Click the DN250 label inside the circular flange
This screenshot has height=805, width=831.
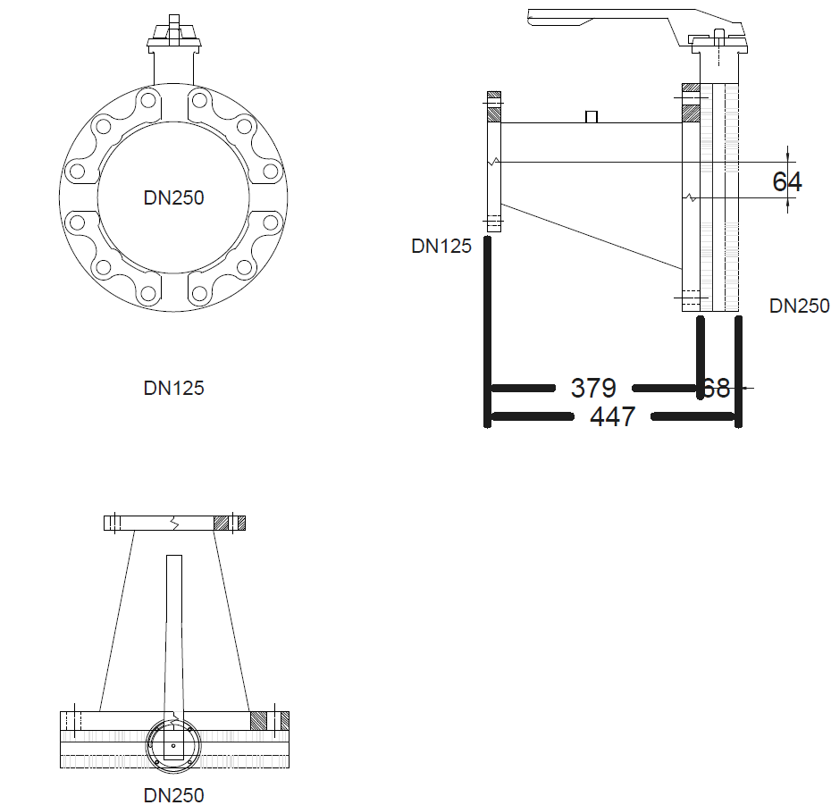click(x=174, y=197)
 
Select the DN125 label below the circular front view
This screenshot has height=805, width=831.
click(x=174, y=388)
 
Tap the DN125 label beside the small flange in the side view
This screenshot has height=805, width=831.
click(x=441, y=246)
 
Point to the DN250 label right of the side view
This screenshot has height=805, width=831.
click(x=799, y=306)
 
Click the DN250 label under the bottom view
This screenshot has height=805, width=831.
click(x=174, y=795)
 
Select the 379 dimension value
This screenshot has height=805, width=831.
click(x=593, y=388)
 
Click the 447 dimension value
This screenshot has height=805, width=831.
click(x=613, y=416)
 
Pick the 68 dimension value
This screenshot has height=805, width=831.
click(x=717, y=388)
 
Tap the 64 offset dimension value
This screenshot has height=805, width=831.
click(x=787, y=181)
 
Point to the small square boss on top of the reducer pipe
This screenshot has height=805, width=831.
click(x=592, y=116)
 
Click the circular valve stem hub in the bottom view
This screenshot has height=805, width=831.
click(x=173, y=745)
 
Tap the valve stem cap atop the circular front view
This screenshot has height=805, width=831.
click(x=174, y=34)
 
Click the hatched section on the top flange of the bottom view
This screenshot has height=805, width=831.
click(x=229, y=523)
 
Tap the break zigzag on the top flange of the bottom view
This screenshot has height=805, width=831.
click(x=174, y=524)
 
